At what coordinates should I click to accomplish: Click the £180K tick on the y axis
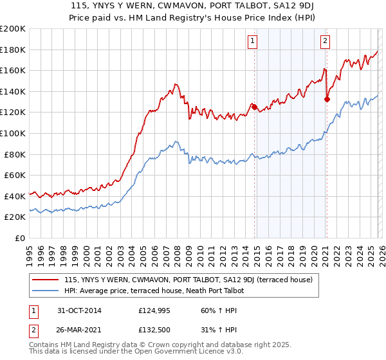(12, 50)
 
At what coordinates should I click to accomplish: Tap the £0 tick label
(20, 238)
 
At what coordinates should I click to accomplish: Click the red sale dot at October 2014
(254, 107)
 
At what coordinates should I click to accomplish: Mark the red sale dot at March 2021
(327, 99)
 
